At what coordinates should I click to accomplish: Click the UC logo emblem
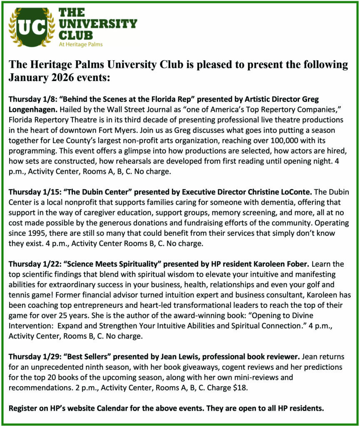(x=32, y=27)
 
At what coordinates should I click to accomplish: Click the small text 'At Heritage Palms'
(x=80, y=45)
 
